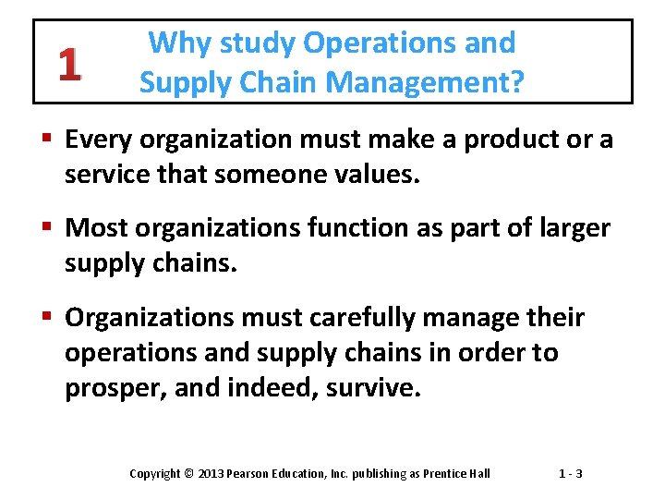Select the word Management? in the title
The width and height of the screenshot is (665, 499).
click(x=426, y=84)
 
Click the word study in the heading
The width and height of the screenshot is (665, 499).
click(x=245, y=44)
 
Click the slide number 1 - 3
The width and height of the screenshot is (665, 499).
click(x=570, y=474)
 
